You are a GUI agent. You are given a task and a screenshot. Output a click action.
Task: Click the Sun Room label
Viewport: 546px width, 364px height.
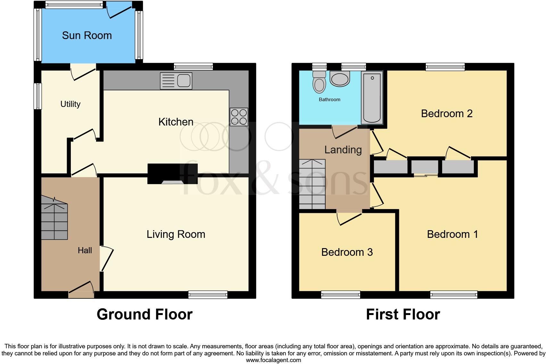[x=87, y=36]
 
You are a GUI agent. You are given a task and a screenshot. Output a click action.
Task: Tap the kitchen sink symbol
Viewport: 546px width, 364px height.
[x=176, y=81]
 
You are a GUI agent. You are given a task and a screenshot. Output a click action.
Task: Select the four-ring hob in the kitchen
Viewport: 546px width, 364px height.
[x=239, y=117]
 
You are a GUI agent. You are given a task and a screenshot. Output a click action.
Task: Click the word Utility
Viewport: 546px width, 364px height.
[x=70, y=104]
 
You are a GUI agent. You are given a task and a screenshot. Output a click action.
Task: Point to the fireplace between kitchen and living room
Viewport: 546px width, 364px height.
[x=172, y=174]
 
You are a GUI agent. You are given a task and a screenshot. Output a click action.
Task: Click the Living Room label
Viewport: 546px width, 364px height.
[x=176, y=234]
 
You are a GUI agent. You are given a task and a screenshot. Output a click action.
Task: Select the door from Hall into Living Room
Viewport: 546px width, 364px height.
[x=106, y=259]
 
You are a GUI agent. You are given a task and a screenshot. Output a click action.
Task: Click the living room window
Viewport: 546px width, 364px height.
[x=208, y=295]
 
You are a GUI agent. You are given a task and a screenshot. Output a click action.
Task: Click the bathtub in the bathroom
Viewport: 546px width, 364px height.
[x=372, y=98]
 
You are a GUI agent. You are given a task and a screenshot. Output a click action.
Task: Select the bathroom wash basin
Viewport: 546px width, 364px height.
[x=340, y=79]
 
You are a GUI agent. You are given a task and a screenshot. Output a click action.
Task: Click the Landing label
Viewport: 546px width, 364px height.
[x=343, y=150]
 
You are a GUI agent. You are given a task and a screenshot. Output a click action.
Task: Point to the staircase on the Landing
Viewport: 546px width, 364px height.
[x=312, y=184]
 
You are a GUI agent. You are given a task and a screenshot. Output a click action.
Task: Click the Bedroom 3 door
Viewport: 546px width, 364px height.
[x=349, y=218]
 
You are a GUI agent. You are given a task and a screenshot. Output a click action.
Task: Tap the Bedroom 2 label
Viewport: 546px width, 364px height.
[x=447, y=114]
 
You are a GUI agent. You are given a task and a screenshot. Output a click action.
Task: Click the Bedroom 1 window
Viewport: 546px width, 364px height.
[x=454, y=295]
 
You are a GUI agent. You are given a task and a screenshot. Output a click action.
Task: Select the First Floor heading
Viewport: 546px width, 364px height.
[x=403, y=314]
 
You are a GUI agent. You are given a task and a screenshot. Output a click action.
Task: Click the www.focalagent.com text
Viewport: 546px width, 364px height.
[x=273, y=360]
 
